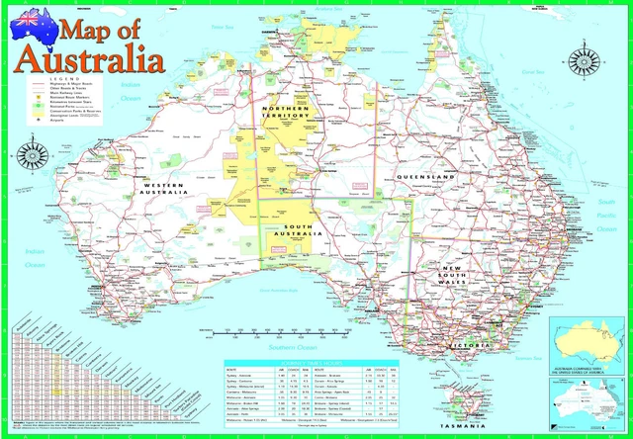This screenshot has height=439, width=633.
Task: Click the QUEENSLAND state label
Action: coord(424,176)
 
